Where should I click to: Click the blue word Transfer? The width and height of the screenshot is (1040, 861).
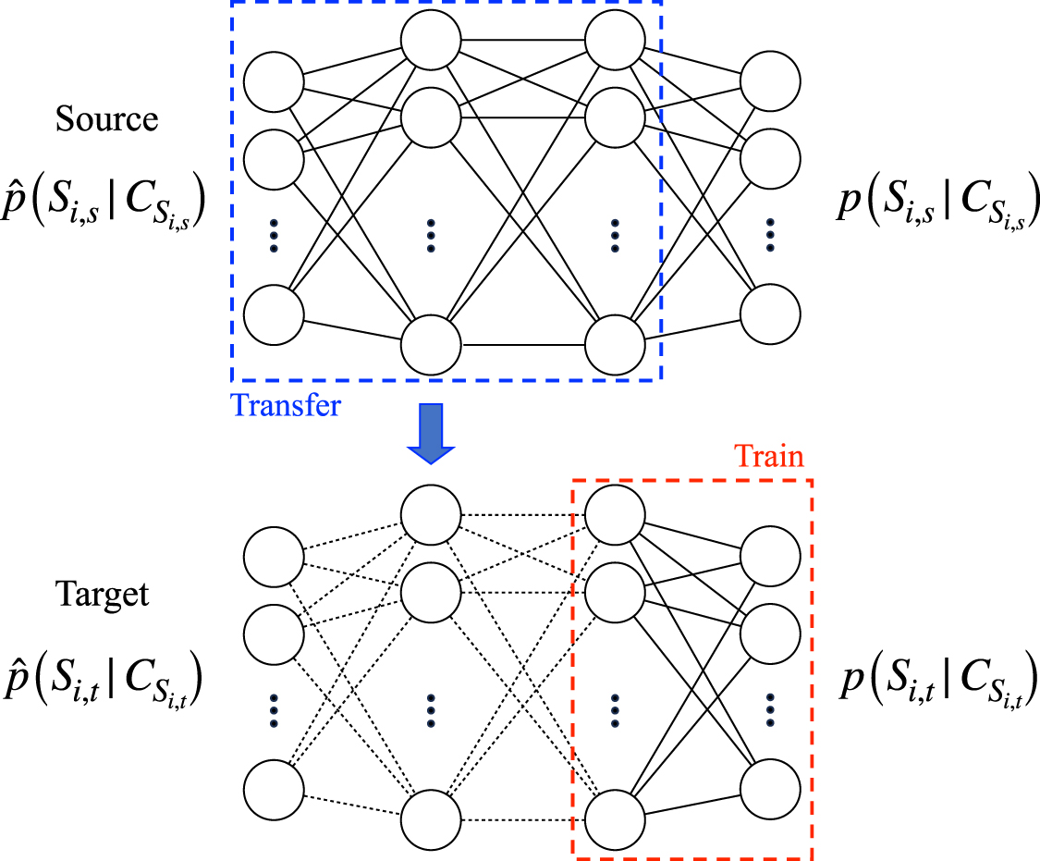[286, 405]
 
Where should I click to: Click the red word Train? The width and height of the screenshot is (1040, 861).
[769, 457]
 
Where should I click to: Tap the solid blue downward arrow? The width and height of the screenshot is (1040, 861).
[431, 433]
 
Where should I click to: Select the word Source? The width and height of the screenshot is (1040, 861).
[106, 118]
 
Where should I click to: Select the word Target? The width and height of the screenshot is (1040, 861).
[104, 593]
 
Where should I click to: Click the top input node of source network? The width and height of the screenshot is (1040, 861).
[274, 81]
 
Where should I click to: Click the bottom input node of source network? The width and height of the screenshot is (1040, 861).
[274, 314]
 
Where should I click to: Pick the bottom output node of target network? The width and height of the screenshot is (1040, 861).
[771, 788]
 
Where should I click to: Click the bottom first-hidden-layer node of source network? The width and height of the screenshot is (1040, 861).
[430, 345]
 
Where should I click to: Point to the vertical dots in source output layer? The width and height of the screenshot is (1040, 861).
[771, 235]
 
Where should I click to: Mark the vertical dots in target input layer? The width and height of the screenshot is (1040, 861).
[274, 710]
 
